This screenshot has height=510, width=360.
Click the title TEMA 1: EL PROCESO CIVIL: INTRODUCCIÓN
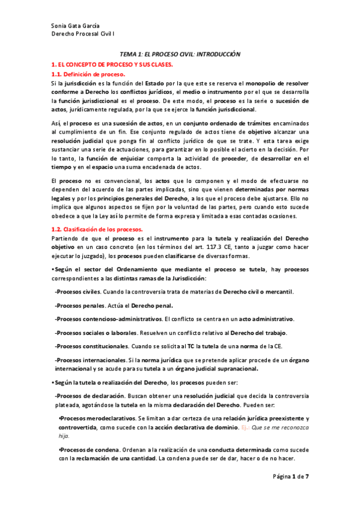[180, 54]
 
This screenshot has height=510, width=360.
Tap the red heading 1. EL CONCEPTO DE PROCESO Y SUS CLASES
[111, 64]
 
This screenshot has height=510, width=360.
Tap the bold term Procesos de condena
[88, 449]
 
